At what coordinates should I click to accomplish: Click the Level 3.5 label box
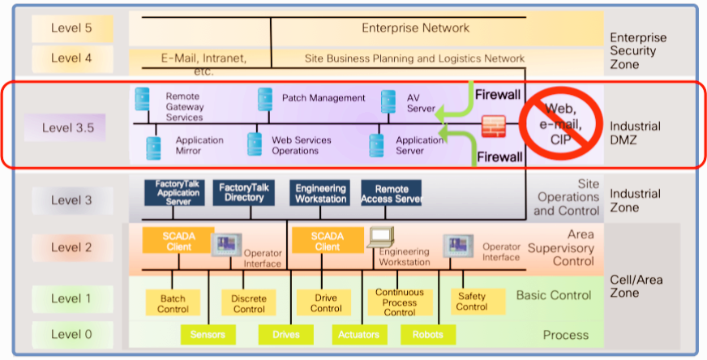[71, 127]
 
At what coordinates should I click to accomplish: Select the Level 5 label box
[71, 28]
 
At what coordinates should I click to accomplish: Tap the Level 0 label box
[71, 334]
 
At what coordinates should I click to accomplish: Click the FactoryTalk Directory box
[244, 192]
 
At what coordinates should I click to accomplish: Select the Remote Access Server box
[392, 192]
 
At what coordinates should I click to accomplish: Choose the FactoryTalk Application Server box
[174, 192]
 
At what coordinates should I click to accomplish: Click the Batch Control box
[173, 303]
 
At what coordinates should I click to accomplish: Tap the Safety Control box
[471, 302]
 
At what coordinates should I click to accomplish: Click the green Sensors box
[208, 334]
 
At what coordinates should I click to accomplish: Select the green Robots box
[427, 334]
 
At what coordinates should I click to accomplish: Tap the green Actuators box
[358, 334]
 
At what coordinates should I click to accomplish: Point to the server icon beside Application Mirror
[153, 147]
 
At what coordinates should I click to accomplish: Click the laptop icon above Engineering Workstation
[380, 237]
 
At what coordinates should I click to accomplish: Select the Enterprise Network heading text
[415, 28]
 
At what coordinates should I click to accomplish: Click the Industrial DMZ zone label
[635, 134]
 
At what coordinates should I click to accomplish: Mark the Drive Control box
[326, 303]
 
